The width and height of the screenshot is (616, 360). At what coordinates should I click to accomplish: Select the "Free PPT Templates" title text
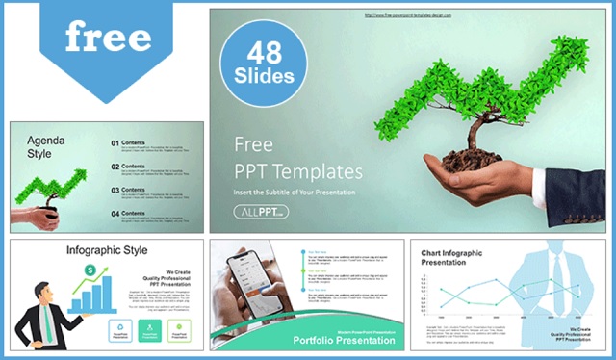pos(298,158)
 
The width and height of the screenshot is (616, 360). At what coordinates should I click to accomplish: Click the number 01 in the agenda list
pos(115,144)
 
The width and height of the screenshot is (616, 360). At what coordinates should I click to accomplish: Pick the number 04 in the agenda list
pos(115,213)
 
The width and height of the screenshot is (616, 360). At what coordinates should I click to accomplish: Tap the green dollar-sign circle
pos(89,270)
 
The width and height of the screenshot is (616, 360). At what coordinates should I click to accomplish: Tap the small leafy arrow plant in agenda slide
pos(62,183)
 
